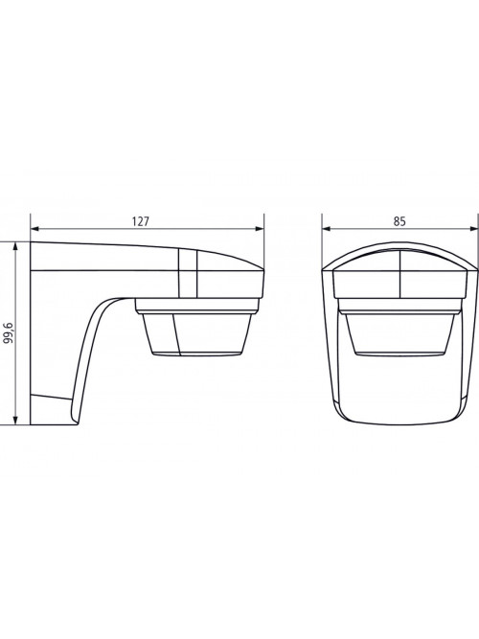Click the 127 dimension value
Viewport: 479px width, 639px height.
(141, 221)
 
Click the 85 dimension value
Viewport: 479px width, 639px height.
(399, 221)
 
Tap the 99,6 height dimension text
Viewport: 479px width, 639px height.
(9, 333)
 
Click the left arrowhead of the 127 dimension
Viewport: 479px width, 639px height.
(35, 229)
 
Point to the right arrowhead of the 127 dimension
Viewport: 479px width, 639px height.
(260, 229)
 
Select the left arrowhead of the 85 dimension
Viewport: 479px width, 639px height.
(327, 229)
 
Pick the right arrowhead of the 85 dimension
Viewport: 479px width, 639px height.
(473, 229)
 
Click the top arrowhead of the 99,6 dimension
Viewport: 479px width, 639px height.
(15, 247)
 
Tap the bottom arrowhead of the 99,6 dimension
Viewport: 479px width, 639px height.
(15, 421)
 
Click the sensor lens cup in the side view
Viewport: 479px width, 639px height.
(196, 334)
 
